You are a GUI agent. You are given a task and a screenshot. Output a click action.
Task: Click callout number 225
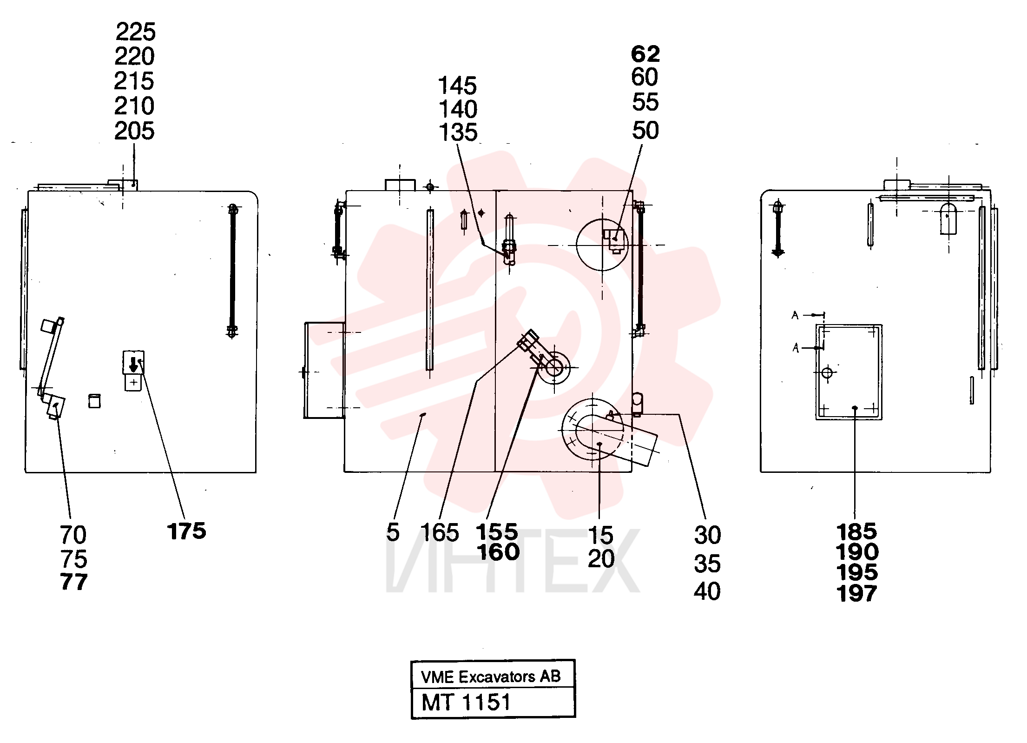coord(135,32)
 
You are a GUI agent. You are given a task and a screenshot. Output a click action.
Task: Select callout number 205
coord(134,131)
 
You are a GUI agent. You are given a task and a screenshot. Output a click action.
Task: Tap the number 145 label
coord(458,86)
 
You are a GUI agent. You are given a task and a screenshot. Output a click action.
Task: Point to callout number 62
coord(645,54)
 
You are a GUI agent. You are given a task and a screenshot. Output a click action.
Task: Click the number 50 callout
coord(645,131)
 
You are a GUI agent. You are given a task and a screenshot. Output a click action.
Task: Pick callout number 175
coord(186,531)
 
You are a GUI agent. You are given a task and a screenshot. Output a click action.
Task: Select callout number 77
coord(74,582)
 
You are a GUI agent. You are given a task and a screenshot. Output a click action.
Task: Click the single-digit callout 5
coord(393,532)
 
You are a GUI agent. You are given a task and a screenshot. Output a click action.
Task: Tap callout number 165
coord(439,532)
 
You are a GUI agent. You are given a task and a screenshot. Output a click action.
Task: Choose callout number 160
coord(498,552)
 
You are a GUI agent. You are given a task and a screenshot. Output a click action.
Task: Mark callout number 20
coord(601,558)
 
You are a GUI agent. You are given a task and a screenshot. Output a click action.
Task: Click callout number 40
coord(707,591)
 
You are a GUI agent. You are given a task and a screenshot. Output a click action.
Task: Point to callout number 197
coord(857,594)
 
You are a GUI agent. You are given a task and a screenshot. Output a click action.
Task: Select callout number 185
coord(857,531)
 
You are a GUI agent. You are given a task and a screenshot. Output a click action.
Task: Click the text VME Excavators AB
coord(491,677)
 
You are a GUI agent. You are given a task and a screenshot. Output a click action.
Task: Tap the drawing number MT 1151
coord(466,703)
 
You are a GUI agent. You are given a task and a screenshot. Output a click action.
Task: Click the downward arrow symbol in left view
coord(133,364)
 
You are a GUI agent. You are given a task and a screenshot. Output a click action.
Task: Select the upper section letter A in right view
coord(795,316)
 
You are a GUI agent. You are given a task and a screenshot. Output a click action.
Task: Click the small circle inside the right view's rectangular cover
coord(827,372)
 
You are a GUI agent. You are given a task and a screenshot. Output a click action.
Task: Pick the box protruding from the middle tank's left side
coord(324,370)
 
